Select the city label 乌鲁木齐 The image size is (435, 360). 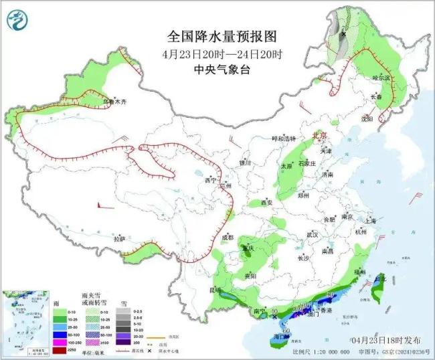(114, 102)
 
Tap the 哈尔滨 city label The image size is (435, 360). (380, 78)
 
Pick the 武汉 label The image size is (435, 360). (312, 235)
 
